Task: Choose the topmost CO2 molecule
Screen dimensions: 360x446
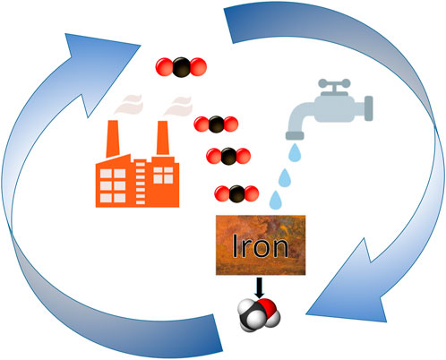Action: click(177, 65)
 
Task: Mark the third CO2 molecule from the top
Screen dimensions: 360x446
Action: click(230, 155)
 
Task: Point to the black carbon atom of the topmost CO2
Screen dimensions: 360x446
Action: click(177, 65)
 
